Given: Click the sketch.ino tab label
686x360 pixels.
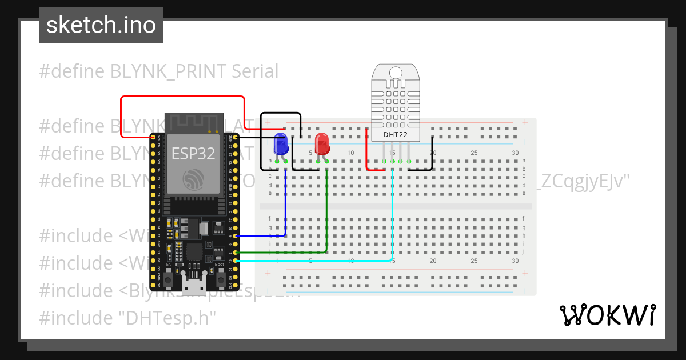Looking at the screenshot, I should (101, 25).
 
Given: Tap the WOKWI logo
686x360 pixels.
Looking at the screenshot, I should (607, 315).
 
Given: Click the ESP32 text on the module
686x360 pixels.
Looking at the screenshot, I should (192, 153).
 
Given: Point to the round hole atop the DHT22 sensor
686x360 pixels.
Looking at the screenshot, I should (396, 73).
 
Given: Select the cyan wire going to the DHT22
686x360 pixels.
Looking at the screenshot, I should (392, 217).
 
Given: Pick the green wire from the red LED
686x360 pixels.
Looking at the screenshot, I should (326, 211).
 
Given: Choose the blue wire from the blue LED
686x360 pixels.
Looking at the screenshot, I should (285, 206).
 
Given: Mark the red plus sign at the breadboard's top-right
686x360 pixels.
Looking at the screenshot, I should (524, 122).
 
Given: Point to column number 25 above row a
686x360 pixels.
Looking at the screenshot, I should (474, 153).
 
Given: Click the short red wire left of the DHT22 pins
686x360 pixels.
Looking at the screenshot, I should (367, 151).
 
